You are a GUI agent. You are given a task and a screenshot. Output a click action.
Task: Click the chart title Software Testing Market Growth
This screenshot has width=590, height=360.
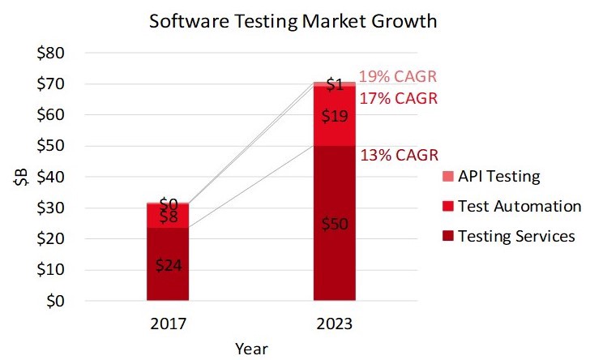pyautogui.click(x=293, y=21)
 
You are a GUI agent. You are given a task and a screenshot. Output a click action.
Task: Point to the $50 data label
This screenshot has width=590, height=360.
pyautogui.click(x=335, y=224)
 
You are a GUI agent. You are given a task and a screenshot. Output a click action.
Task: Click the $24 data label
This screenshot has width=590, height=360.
pyautogui.click(x=168, y=264)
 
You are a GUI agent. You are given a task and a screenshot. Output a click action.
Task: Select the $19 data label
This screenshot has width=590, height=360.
pyautogui.click(x=335, y=116)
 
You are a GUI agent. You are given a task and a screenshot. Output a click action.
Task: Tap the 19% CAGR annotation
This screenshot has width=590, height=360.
pyautogui.click(x=398, y=77)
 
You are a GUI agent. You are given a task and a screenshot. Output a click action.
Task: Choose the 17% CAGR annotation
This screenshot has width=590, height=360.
pyautogui.click(x=398, y=99)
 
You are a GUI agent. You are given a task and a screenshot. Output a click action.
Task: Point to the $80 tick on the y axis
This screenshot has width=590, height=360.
pyautogui.click(x=62, y=54)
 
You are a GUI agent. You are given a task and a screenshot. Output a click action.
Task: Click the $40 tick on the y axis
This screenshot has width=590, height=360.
pyautogui.click(x=62, y=177)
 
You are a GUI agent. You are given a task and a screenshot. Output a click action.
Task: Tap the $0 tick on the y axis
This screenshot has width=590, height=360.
pyautogui.click(x=65, y=301)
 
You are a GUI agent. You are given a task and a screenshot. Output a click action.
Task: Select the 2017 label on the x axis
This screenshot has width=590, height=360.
pyautogui.click(x=168, y=324)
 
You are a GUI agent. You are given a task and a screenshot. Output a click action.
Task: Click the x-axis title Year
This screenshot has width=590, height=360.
pyautogui.click(x=251, y=349)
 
